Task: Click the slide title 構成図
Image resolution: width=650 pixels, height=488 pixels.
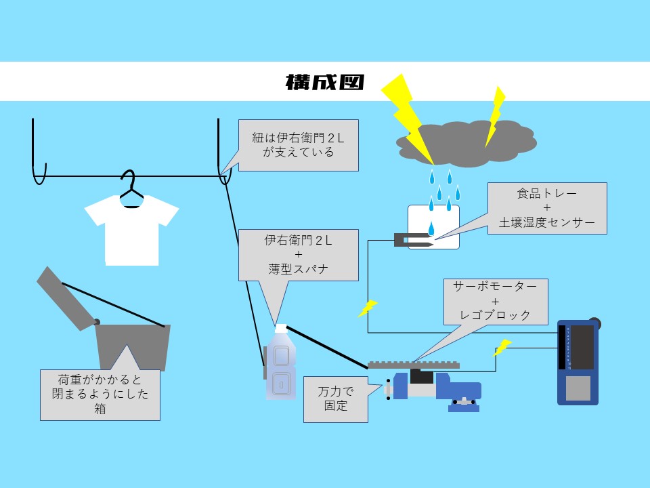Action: click(x=325, y=83)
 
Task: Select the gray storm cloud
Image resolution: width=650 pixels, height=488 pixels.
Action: click(x=467, y=142)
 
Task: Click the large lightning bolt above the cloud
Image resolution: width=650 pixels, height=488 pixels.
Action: click(x=406, y=112)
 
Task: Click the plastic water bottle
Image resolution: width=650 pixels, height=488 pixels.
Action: click(x=280, y=366)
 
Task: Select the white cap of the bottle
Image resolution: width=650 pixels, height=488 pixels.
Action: click(x=281, y=328)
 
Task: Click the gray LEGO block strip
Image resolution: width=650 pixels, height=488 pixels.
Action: click(x=413, y=365)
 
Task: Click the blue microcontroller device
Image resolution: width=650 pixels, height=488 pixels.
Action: click(x=578, y=363)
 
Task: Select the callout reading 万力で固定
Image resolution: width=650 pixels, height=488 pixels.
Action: click(x=336, y=399)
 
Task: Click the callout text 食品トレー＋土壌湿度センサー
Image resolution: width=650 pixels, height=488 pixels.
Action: click(x=547, y=207)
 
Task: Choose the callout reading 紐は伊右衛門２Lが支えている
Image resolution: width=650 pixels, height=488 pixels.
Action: click(x=298, y=145)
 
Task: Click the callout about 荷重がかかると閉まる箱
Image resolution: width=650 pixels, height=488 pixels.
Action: click(x=100, y=394)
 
